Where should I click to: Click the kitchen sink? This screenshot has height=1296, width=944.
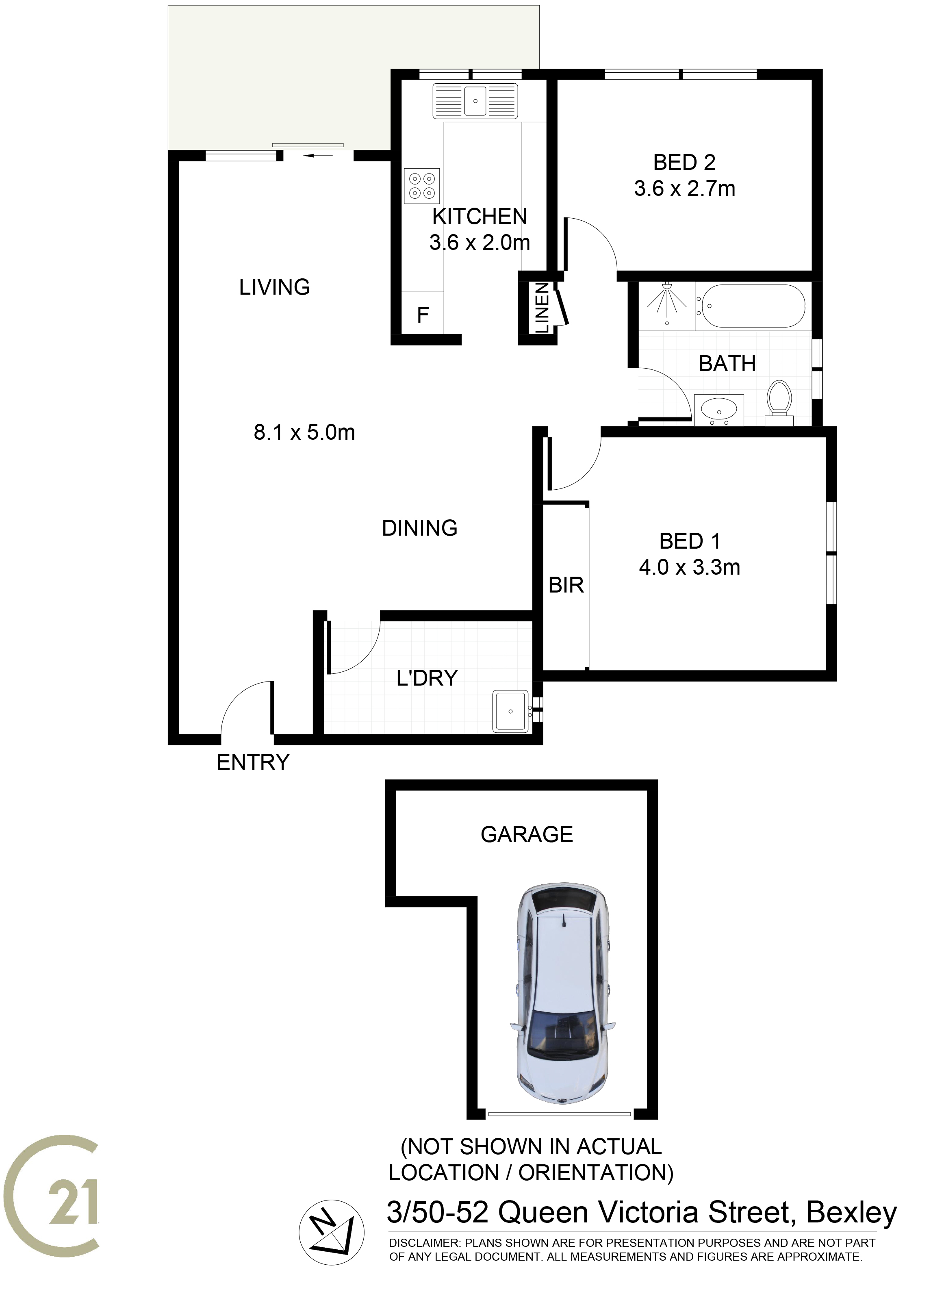(475, 101)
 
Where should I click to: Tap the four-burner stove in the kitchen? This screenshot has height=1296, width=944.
(422, 186)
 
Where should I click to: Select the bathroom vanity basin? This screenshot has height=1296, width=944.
(718, 410)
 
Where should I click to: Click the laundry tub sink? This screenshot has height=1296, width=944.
(510, 711)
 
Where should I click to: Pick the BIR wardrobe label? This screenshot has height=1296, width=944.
(566, 585)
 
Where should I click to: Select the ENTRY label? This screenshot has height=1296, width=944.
(253, 762)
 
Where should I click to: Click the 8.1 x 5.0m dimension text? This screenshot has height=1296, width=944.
(304, 432)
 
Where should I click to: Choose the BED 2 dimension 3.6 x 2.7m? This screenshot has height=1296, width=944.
(685, 189)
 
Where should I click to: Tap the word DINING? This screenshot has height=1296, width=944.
(419, 528)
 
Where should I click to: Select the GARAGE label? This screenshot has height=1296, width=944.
(526, 835)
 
